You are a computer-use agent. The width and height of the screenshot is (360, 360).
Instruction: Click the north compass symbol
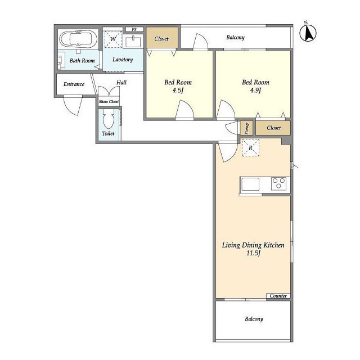click(308, 33)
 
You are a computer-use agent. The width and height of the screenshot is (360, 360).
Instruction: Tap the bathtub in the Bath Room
click(78, 39)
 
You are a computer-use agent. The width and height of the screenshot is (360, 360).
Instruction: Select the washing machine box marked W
click(113, 39)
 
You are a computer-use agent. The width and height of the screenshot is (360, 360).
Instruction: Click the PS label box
click(134, 29)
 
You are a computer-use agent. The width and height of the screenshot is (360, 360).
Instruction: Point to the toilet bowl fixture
click(109, 119)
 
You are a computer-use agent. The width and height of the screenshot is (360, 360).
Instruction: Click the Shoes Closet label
click(109, 101)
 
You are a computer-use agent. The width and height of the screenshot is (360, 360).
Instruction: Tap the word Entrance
click(74, 84)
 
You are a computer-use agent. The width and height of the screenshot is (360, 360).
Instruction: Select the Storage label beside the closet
click(247, 128)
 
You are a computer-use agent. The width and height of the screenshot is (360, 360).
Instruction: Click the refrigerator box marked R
click(251, 147)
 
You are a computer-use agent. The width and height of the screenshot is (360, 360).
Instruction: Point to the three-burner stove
click(279, 183)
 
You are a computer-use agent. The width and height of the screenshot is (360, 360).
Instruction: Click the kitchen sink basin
click(250, 184)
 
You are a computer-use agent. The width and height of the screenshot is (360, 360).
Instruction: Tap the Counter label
click(278, 296)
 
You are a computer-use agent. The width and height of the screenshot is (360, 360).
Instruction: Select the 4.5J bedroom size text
click(178, 90)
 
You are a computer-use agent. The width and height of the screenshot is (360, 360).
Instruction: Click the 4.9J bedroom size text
click(255, 90)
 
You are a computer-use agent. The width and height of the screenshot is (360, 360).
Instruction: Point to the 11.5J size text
click(253, 253)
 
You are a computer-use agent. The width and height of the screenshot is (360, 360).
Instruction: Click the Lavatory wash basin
click(133, 42)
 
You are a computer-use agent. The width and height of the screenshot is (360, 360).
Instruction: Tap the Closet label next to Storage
click(274, 128)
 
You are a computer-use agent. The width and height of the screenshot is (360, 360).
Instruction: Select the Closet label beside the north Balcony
click(161, 39)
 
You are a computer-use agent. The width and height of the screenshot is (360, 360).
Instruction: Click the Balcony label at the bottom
click(254, 319)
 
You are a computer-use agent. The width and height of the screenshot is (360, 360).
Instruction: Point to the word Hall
click(121, 83)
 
